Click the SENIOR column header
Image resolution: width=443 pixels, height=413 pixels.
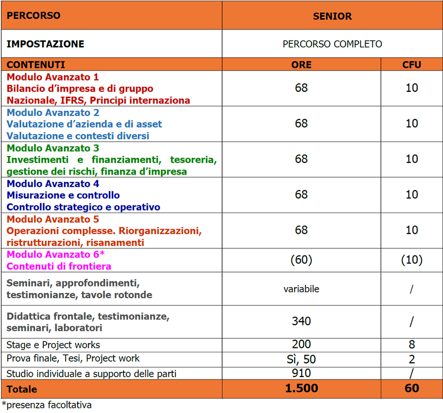coord(332,16)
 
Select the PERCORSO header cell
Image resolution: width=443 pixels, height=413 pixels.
coord(33,16)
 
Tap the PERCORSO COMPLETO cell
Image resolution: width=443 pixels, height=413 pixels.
coord(332,44)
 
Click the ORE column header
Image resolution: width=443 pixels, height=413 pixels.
coord(301,65)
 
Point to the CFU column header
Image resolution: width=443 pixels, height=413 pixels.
coord(411,65)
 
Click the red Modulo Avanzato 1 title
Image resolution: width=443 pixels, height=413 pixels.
coord(52,77)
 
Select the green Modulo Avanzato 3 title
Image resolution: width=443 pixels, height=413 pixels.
coord(52,148)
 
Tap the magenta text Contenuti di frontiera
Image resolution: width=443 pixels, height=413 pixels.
coord(59,266)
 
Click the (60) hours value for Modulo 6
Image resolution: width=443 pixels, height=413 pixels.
coord(301,260)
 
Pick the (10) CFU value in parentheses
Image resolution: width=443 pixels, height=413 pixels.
coord(411,260)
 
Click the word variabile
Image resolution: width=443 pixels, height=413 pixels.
coord(301,289)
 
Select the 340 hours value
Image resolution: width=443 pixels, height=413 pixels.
coord(301,321)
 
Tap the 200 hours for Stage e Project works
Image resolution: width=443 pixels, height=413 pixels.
coord(301,344)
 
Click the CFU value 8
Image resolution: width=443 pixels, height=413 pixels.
coord(411,344)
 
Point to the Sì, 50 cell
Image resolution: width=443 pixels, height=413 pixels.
coord(301,359)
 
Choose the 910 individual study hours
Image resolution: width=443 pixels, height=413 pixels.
coord(301,373)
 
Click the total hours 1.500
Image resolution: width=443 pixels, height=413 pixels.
coord(301,389)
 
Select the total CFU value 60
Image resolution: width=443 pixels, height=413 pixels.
coord(411,389)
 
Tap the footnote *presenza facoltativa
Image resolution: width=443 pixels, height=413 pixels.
coord(47,405)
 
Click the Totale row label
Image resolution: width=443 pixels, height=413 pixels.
coord(22,389)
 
